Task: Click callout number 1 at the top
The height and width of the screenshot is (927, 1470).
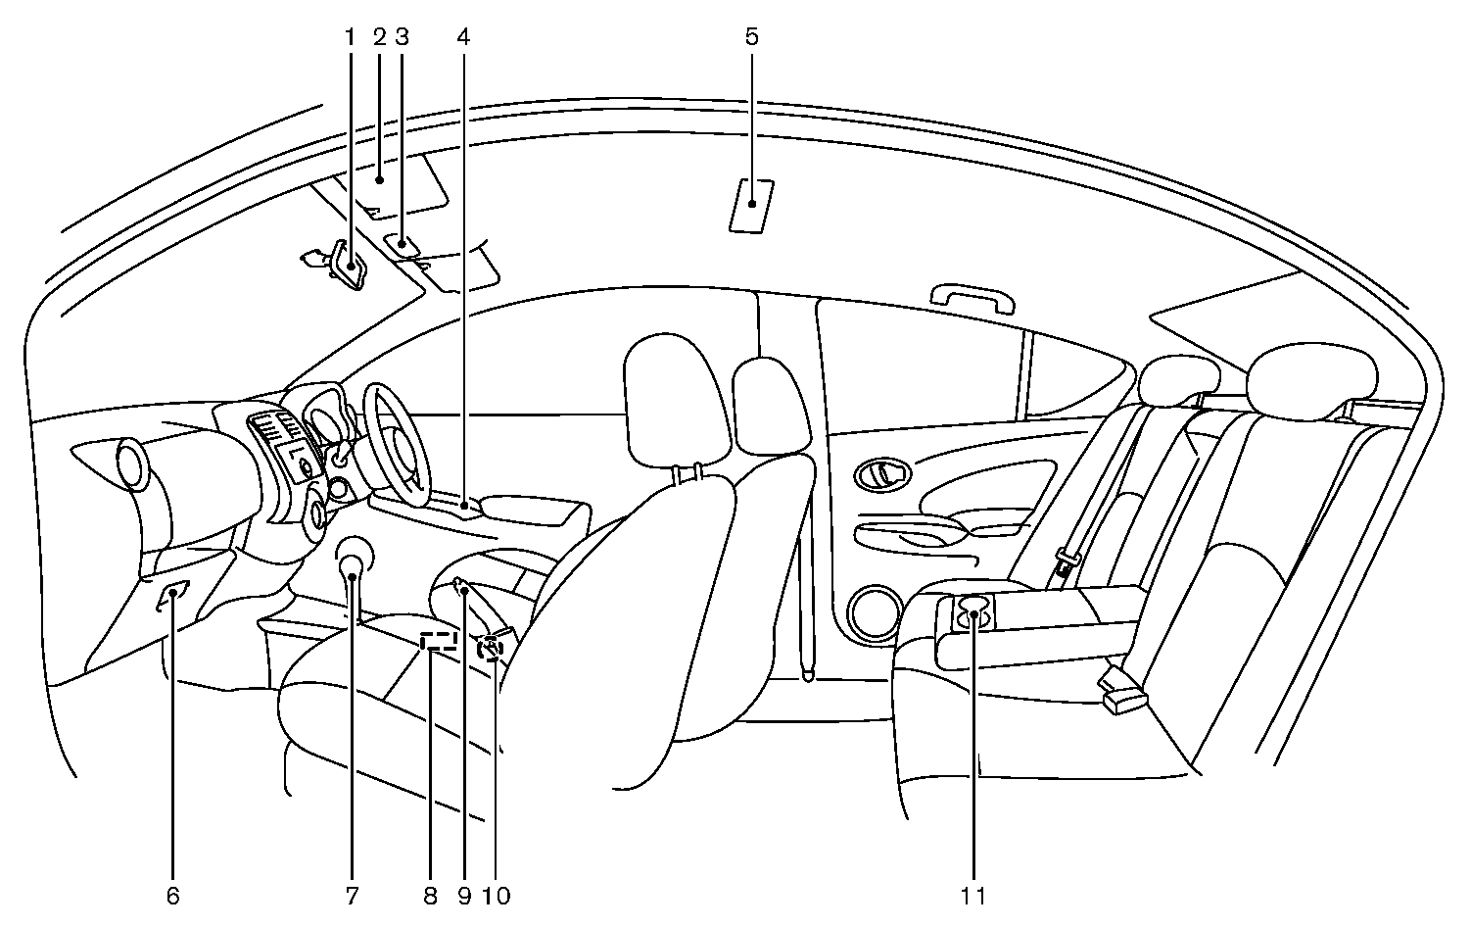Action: (350, 38)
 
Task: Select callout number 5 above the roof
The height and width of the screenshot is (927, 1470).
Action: (751, 38)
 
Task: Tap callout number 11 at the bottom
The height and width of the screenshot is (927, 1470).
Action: (974, 895)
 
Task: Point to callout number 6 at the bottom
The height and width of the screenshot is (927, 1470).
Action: (173, 895)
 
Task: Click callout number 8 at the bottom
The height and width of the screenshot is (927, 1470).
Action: (430, 895)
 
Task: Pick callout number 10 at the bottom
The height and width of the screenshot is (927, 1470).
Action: (496, 895)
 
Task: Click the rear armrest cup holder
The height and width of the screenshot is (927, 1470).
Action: (973, 613)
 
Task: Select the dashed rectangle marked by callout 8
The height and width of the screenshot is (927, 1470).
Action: (439, 642)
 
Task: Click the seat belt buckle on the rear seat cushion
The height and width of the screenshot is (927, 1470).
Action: (1121, 694)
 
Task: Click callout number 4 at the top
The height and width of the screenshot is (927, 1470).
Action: (463, 38)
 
